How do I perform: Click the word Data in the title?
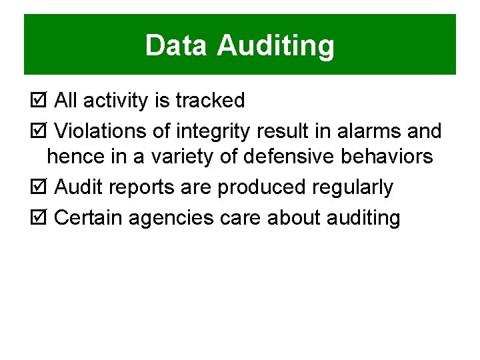(177, 46)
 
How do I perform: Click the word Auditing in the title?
(276, 46)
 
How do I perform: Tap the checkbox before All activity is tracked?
(39, 101)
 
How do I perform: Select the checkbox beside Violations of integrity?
(39, 131)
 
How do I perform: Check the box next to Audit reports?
(39, 187)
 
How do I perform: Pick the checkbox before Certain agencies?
(39, 217)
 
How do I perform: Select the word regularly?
(353, 188)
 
